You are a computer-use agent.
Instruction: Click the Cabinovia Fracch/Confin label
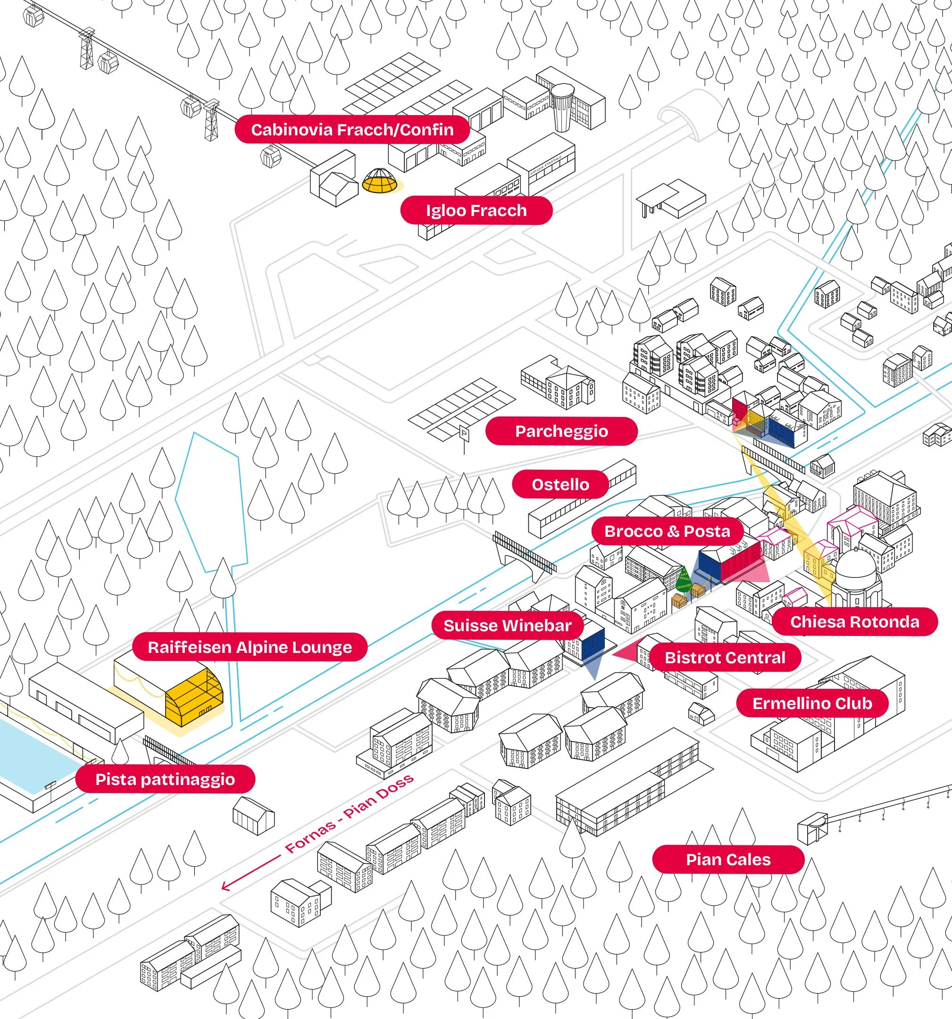click(x=352, y=130)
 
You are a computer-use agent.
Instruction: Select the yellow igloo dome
click(x=380, y=180)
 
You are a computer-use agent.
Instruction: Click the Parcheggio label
click(x=561, y=431)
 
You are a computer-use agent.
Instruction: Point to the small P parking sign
click(x=464, y=433)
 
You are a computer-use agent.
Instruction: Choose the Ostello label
click(x=560, y=484)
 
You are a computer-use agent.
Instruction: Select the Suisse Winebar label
click(x=507, y=626)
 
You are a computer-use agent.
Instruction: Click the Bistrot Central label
click(x=725, y=658)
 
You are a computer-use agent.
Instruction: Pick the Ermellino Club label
click(x=811, y=703)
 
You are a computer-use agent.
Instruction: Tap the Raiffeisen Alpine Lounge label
click(x=250, y=647)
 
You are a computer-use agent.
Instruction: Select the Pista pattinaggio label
click(x=165, y=780)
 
